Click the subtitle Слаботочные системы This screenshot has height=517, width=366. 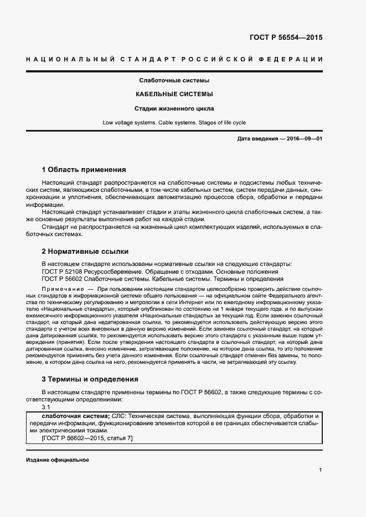174,81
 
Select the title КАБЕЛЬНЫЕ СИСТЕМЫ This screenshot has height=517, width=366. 174,95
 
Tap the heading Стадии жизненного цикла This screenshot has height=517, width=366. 174,108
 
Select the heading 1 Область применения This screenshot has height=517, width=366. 84,169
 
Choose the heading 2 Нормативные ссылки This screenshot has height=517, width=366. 85,251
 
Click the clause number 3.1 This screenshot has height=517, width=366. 47,406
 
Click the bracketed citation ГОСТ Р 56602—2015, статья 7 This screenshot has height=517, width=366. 87,438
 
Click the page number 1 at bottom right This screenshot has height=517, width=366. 320,470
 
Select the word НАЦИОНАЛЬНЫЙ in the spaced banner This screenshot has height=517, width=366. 70,59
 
